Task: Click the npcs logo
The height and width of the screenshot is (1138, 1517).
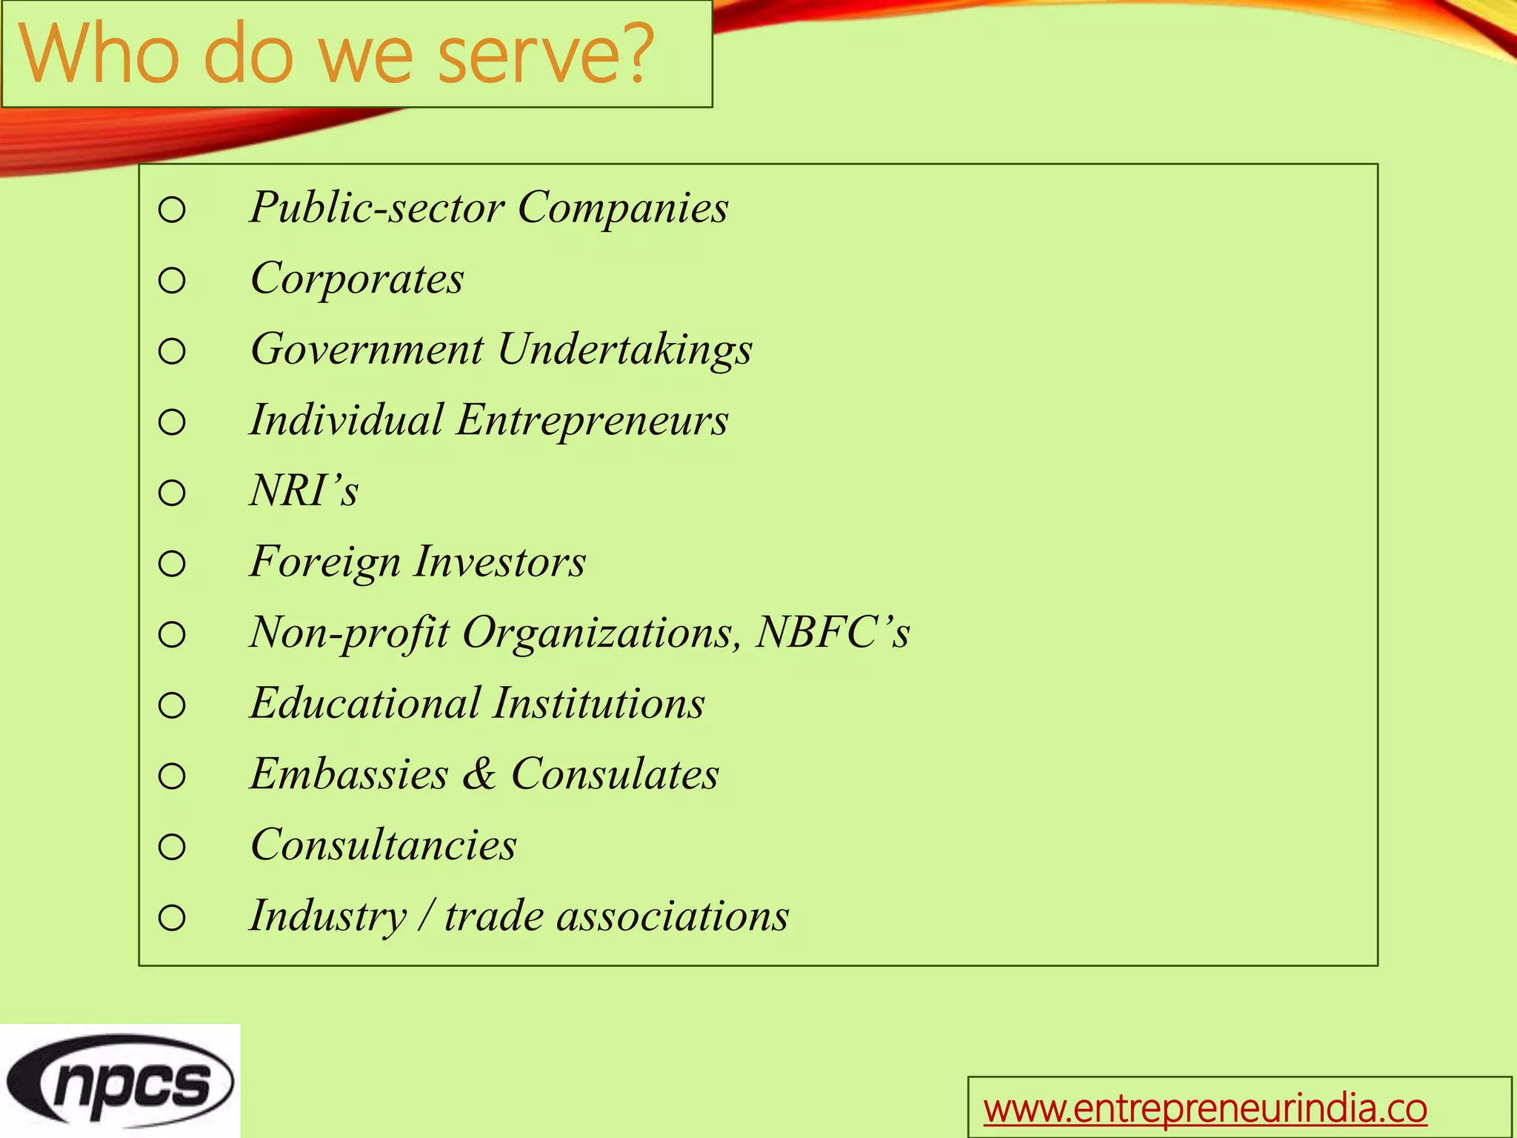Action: point(120,1082)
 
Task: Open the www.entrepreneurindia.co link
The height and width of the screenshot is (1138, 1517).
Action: point(1204,1108)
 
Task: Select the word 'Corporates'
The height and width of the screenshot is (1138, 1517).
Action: point(357,279)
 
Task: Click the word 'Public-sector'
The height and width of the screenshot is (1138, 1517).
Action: point(377,207)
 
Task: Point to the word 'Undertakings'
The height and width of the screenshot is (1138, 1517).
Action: point(624,350)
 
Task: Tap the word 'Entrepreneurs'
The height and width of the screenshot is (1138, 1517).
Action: point(592,420)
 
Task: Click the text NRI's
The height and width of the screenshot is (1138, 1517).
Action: point(304,490)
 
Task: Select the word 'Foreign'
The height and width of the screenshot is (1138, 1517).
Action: point(324,562)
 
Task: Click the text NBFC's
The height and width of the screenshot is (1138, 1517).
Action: point(832,633)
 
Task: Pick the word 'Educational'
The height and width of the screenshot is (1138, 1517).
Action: point(364,703)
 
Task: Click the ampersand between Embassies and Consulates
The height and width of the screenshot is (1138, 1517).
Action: point(479,774)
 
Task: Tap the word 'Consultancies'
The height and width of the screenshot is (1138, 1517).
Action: point(383,845)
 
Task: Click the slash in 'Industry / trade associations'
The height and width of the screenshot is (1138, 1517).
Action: point(425,916)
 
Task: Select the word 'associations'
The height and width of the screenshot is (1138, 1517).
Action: point(673,916)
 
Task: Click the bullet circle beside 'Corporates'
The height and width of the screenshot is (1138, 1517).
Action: point(172,281)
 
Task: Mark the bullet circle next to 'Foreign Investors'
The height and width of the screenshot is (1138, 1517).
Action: point(172,564)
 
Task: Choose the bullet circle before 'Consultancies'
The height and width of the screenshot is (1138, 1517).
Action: point(172,847)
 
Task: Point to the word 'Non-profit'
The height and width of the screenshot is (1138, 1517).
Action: point(349,633)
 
